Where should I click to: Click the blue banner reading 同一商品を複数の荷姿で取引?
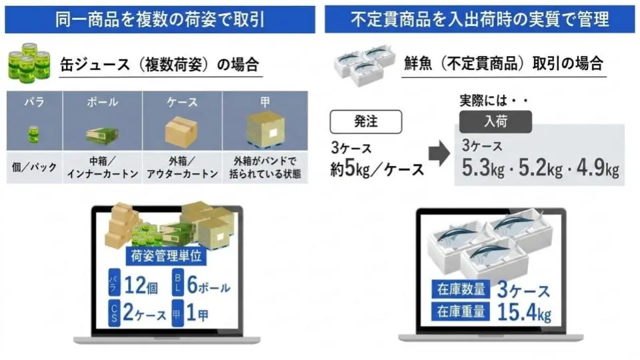point(160,19)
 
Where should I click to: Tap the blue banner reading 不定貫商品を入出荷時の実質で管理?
point(479,19)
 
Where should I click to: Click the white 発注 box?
point(366,121)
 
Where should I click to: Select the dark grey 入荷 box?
point(495,121)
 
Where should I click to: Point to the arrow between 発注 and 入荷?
point(439,153)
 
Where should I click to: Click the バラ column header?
point(34,101)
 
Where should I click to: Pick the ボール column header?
point(103,101)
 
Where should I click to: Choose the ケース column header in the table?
point(182,101)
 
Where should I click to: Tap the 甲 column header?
point(265,101)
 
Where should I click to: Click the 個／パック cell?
point(34,167)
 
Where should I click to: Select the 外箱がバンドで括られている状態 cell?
point(265,167)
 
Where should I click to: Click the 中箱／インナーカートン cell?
point(103,167)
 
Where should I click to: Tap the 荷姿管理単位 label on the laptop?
point(166,256)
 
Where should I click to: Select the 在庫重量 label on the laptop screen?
point(461,312)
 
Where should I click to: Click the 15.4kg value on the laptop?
point(525,312)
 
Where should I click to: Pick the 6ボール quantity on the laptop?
point(209,285)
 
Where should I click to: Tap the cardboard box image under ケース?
point(181,131)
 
